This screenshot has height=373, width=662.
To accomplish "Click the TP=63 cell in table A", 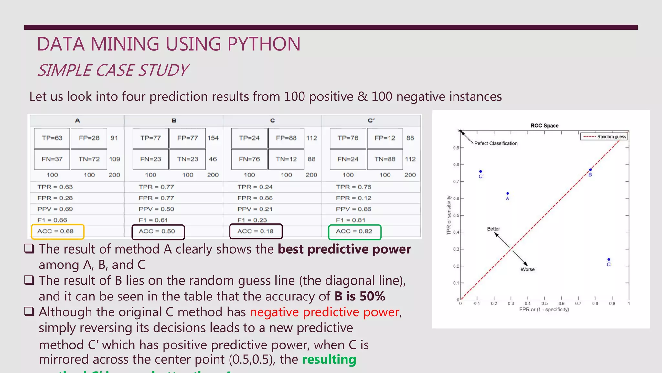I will click(x=52, y=138).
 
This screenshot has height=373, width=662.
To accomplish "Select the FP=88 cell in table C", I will click(x=286, y=138).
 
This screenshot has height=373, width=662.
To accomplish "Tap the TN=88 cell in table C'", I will click(x=385, y=159).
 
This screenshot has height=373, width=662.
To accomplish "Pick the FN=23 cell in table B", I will click(x=151, y=159).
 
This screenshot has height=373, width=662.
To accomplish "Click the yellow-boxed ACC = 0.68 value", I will click(x=56, y=231).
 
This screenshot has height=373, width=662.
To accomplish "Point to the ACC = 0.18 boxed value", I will click(x=255, y=231).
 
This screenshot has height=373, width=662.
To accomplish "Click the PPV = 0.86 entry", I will click(x=354, y=209).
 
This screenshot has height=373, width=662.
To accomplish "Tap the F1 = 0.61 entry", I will click(x=153, y=220).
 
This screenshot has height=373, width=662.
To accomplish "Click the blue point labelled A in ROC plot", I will click(x=508, y=193).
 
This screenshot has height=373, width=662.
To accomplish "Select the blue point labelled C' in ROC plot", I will click(x=481, y=171).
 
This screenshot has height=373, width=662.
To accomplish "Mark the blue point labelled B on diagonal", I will click(x=590, y=170).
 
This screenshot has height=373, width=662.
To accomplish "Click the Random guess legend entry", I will click(x=604, y=137).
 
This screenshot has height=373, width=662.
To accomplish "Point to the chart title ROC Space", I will click(x=544, y=126).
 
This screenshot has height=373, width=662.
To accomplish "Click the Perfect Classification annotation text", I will click(x=496, y=143).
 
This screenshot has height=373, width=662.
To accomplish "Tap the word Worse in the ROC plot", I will click(x=528, y=269).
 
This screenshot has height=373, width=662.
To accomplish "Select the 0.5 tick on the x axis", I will click(x=545, y=304).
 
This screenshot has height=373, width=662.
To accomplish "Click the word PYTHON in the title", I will click(x=264, y=44).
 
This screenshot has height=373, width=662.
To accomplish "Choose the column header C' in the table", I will click(x=371, y=120).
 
